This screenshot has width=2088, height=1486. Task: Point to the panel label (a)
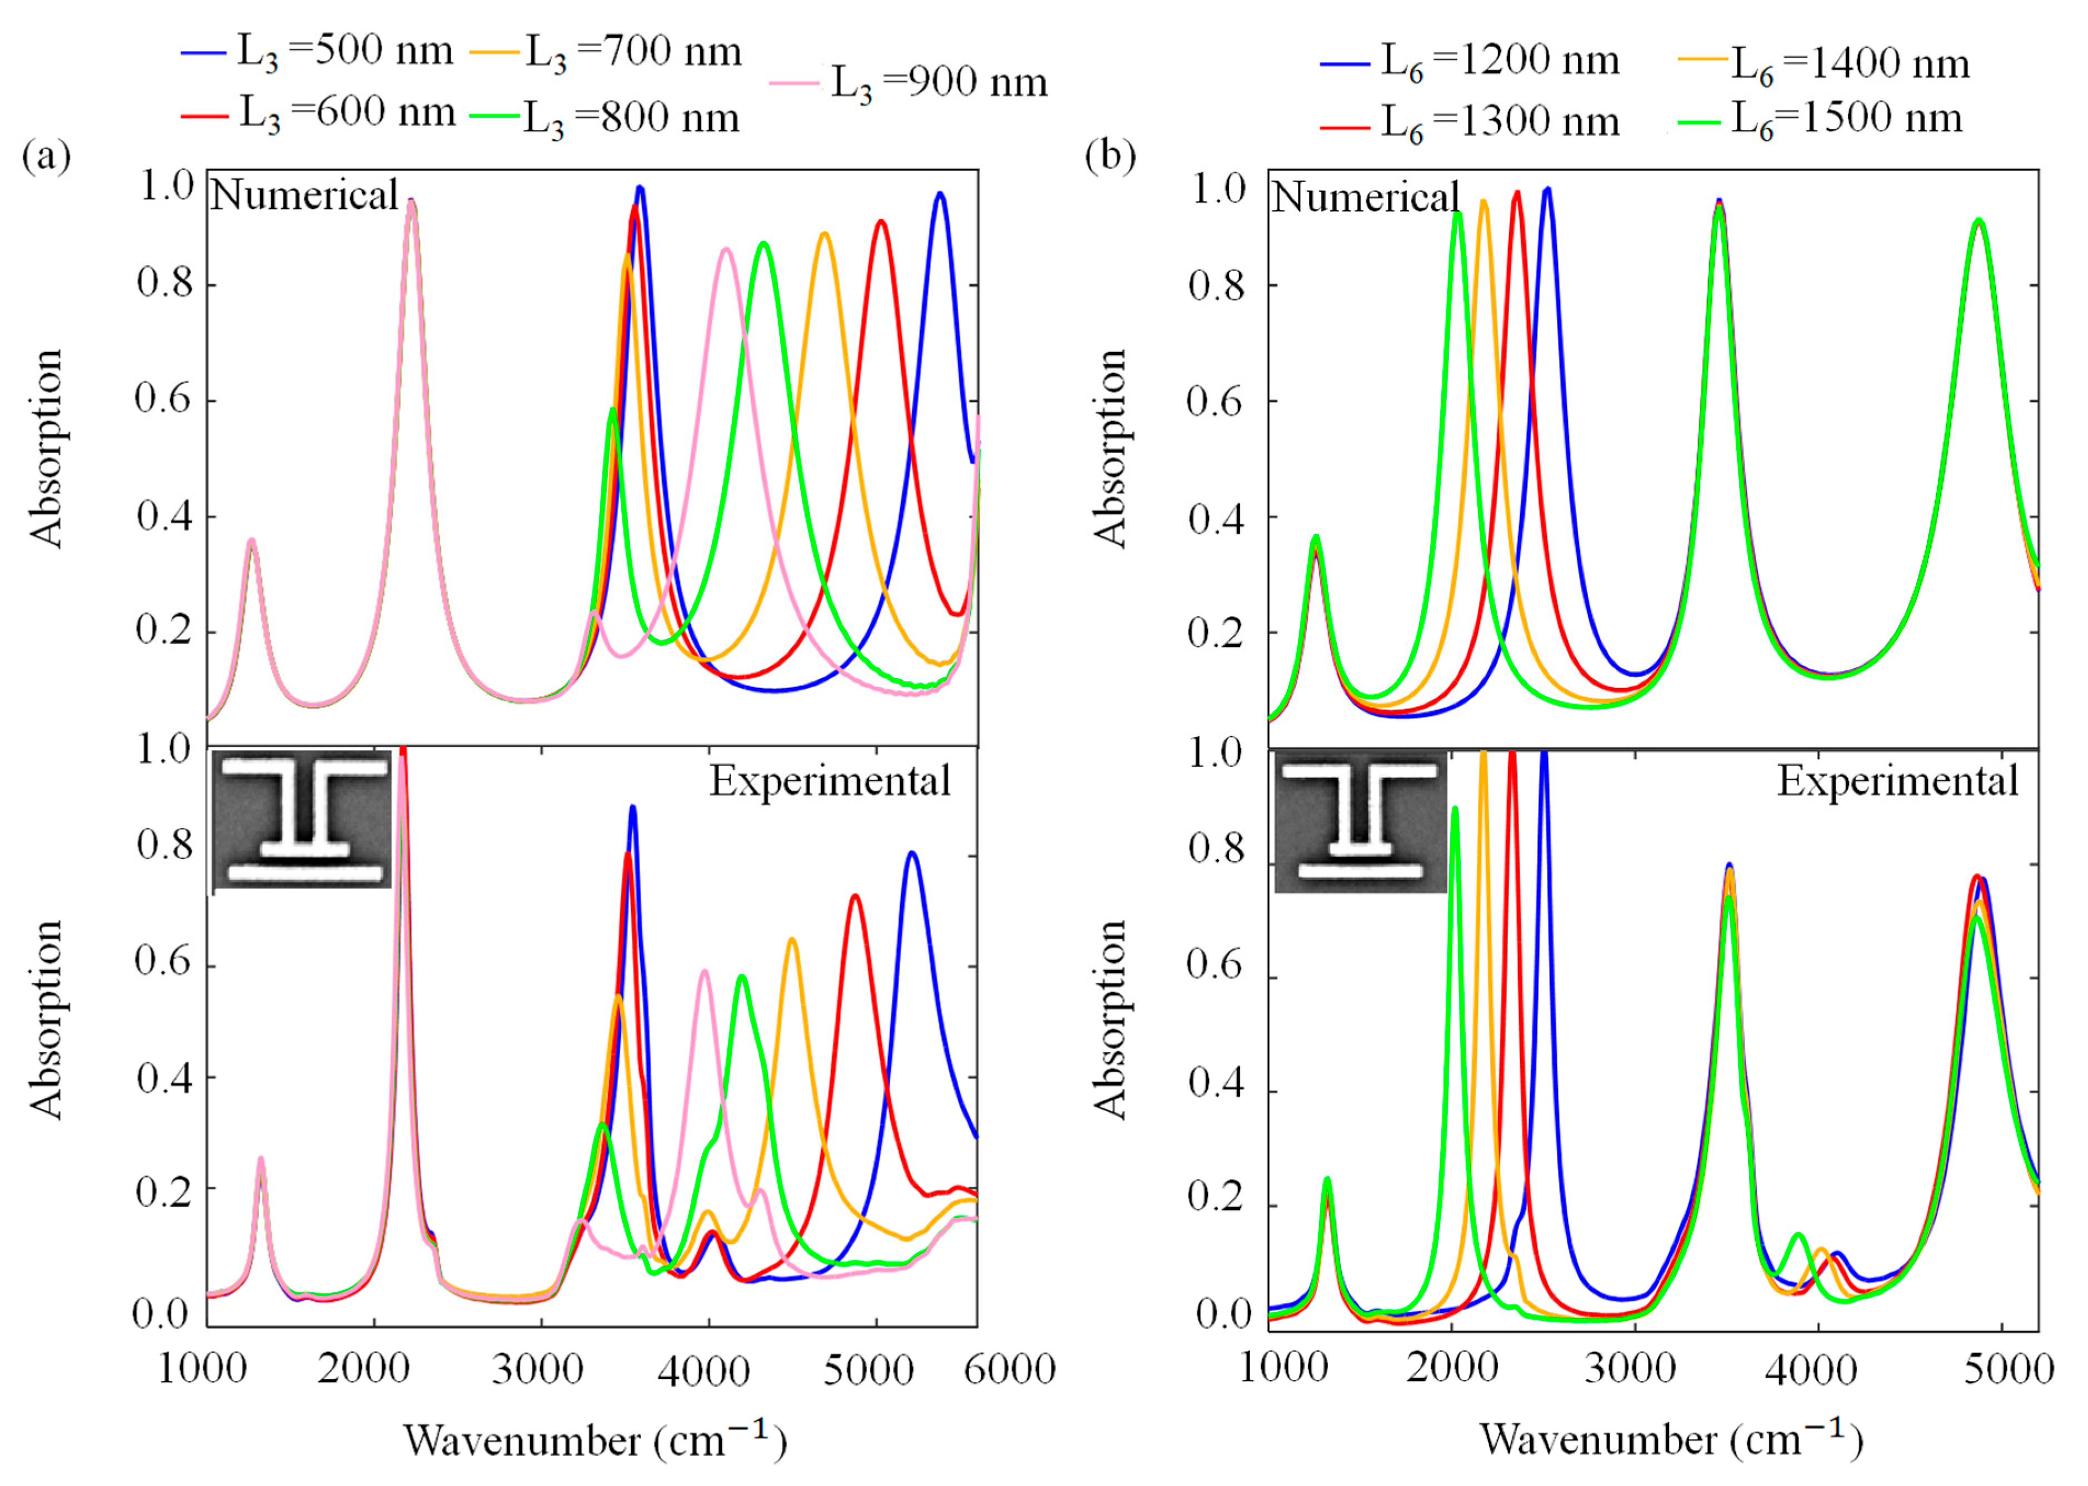click(x=46, y=155)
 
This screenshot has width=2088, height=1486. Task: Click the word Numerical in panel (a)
click(x=304, y=195)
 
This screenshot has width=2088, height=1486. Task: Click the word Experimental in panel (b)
click(x=1897, y=781)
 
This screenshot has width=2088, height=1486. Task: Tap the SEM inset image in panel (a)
click(x=302, y=820)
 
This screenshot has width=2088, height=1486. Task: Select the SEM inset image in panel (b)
click(x=1360, y=822)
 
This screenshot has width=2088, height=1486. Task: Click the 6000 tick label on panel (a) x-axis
click(x=1010, y=1370)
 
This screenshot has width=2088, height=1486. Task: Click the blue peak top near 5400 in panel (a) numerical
click(x=939, y=194)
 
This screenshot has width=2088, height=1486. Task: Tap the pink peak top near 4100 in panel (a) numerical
click(x=726, y=249)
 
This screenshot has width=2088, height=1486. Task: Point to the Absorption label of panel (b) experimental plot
click(x=1110, y=1020)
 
